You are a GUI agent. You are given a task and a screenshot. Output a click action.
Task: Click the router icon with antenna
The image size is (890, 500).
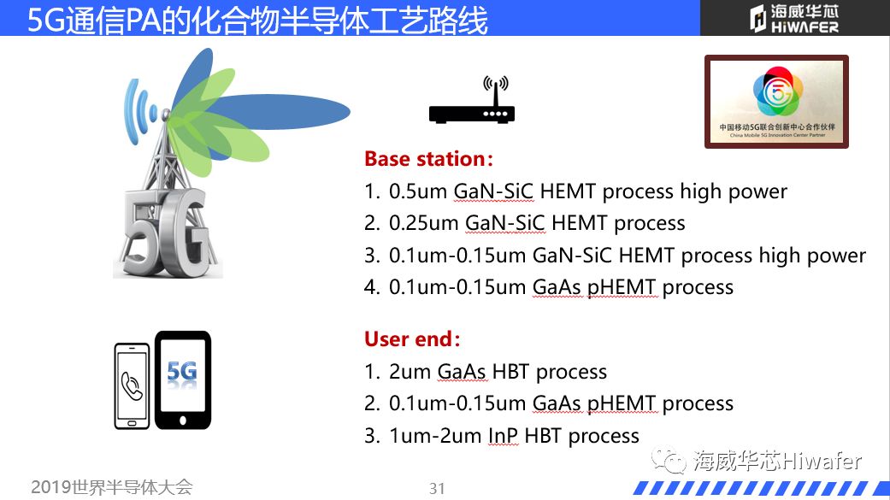pyautogui.click(x=472, y=100)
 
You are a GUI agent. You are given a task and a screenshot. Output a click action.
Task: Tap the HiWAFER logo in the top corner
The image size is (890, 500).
pyautogui.click(x=793, y=18)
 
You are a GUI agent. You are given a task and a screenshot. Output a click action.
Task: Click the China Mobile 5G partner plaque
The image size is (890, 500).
pyautogui.click(x=776, y=102)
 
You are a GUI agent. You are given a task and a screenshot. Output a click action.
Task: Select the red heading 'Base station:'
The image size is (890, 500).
pyautogui.click(x=428, y=159)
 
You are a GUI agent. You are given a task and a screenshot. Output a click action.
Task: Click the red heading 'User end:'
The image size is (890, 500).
pyautogui.click(x=412, y=338)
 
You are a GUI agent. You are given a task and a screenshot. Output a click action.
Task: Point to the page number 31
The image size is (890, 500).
pyautogui.click(x=437, y=488)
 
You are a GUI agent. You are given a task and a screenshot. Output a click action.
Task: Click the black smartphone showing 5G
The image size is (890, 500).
pyautogui.click(x=183, y=379)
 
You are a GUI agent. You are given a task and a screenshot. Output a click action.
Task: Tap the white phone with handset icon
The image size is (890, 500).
pyautogui.click(x=132, y=386)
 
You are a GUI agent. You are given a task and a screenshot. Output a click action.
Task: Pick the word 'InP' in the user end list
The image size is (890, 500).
pyautogui.click(x=504, y=436)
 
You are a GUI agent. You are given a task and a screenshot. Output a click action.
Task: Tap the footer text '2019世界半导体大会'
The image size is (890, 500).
pyautogui.click(x=112, y=487)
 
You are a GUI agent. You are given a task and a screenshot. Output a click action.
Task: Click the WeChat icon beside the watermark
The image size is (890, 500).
pyautogui.click(x=669, y=460)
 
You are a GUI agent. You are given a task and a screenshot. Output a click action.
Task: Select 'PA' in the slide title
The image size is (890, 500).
pyautogui.click(x=143, y=20)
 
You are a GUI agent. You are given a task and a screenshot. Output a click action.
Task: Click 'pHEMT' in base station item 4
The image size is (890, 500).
pyautogui.click(x=622, y=288)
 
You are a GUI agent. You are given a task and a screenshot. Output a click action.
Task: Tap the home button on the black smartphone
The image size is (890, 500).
pyautogui.click(x=183, y=420)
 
